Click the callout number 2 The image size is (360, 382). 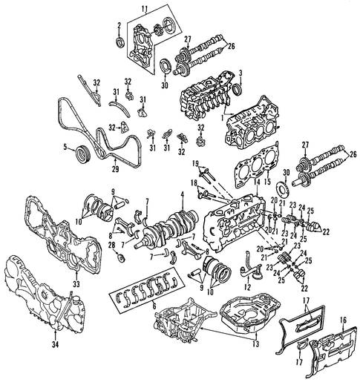click(x=120, y=25)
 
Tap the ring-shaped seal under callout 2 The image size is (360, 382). click(x=120, y=42)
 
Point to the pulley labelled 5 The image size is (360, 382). click(x=82, y=155)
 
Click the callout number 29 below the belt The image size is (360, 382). click(x=115, y=169)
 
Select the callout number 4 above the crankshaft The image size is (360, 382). click(x=183, y=195)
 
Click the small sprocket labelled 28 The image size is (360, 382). click(x=122, y=257)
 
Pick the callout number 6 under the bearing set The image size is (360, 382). click(x=154, y=306)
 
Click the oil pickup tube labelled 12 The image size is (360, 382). click(x=250, y=268)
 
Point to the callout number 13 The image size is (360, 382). click(x=255, y=343)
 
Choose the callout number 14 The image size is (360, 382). click(x=258, y=182)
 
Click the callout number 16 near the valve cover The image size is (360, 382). click(x=343, y=320)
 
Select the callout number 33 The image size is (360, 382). click(x=76, y=284)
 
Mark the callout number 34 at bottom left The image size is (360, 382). click(x=56, y=345)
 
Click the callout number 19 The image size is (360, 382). click(x=195, y=163)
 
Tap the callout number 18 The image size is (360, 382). click(x=194, y=183)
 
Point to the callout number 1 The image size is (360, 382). click(x=223, y=118)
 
